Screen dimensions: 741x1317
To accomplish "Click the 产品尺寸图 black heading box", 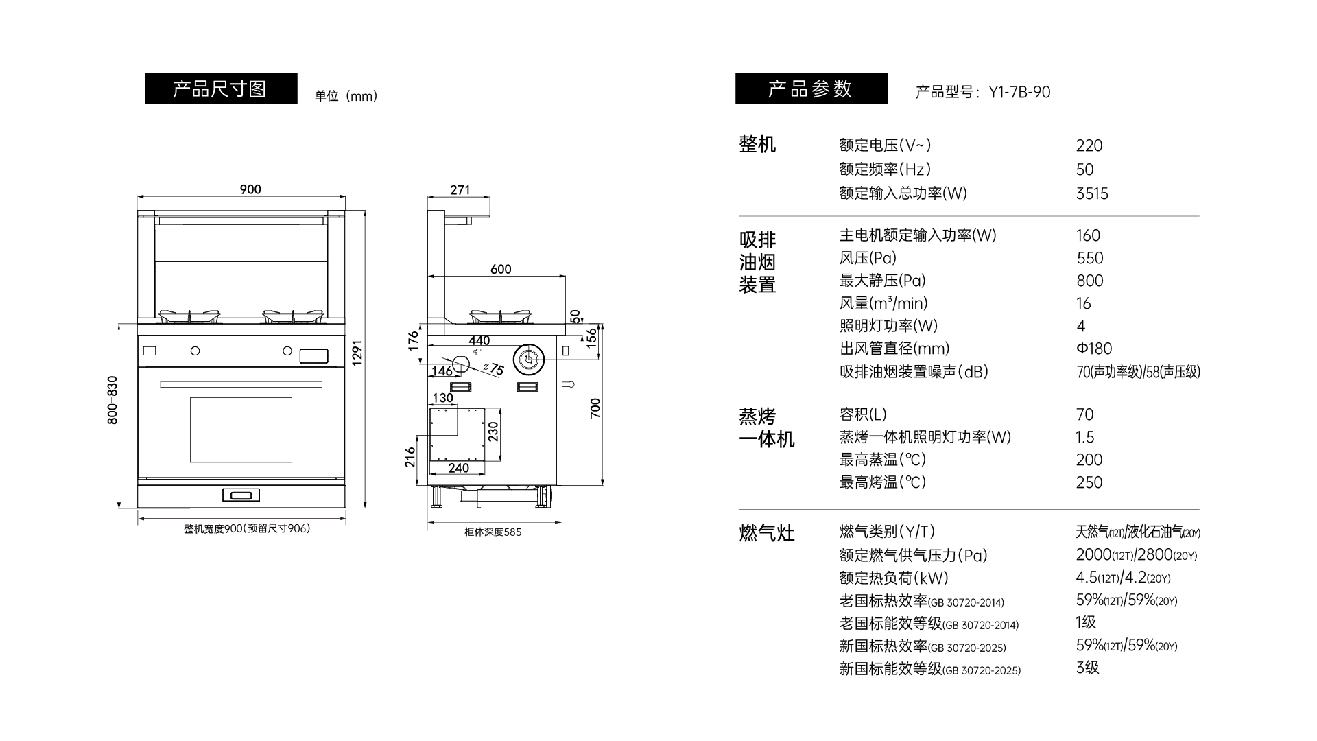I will [221, 89].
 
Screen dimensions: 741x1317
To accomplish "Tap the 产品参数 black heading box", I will [811, 89].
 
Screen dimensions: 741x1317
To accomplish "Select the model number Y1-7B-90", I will [1019, 92].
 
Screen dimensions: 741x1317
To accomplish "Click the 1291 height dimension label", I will [357, 353].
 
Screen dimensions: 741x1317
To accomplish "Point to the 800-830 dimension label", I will [112, 399].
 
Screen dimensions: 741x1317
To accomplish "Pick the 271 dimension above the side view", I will [460, 190].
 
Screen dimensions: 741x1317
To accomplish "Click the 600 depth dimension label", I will [501, 269].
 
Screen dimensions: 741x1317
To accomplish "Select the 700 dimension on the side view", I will [595, 408].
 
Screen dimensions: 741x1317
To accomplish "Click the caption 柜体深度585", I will [493, 532].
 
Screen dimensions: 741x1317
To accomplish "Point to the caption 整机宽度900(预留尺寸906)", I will [247, 528].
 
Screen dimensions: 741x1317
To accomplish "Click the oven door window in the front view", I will [241, 430].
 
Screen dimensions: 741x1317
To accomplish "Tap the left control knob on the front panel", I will [195, 351].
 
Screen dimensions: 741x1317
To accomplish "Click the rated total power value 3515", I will [1092, 193].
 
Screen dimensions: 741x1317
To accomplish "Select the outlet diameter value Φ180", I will [1094, 349].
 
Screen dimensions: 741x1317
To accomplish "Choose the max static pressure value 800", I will [1090, 281].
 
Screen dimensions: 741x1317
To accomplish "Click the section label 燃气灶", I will [766, 533].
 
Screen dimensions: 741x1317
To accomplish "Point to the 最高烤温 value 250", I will [1089, 482].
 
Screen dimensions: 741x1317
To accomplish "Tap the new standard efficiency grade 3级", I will [1087, 668].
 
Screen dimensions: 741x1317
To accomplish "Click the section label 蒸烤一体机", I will [766, 427].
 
